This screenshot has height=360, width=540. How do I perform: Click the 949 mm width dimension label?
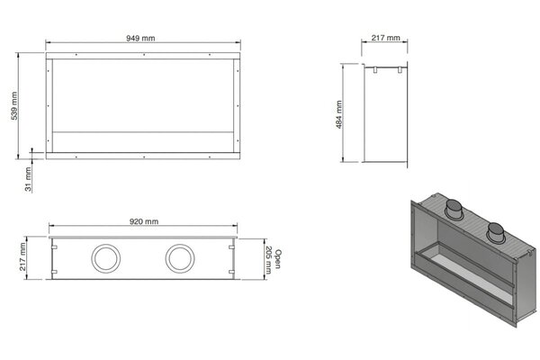coord(144,38)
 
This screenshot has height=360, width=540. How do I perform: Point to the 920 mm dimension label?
coord(144,221)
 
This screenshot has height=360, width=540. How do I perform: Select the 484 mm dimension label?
coord(339,113)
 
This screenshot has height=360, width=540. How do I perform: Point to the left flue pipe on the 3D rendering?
coord(454,211)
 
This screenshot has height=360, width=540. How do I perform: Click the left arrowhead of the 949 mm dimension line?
coord(48,43)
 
